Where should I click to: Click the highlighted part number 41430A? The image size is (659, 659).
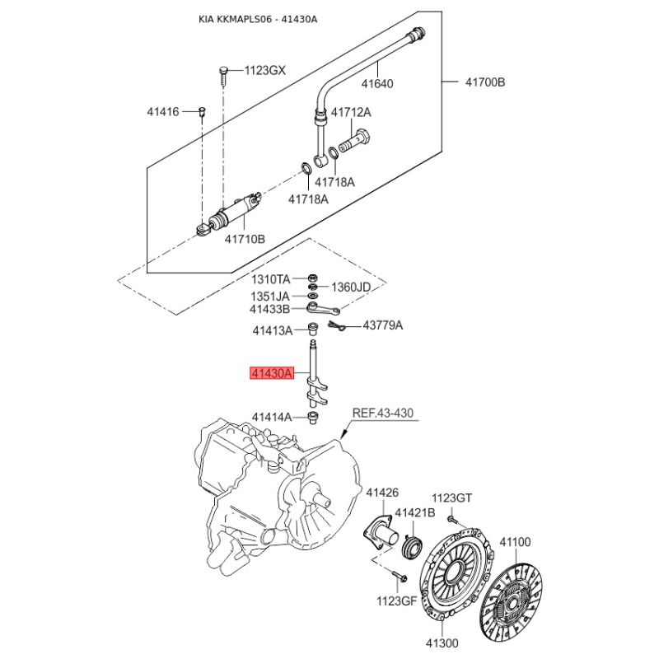coord(272,373)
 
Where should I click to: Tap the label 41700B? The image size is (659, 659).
coord(484,82)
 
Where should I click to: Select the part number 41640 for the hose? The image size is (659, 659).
coord(377,82)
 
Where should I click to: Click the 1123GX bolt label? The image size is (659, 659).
coord(264,70)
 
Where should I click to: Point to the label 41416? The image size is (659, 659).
coord(163,111)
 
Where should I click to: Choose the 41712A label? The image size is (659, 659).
coord(351,112)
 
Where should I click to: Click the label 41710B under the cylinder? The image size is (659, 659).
coord(245,239)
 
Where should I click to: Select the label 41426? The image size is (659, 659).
coord(382,493)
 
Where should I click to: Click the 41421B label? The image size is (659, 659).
coord(414,513)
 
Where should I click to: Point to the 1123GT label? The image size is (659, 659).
coord(452,498)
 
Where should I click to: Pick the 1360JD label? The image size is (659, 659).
coord(352,287)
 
